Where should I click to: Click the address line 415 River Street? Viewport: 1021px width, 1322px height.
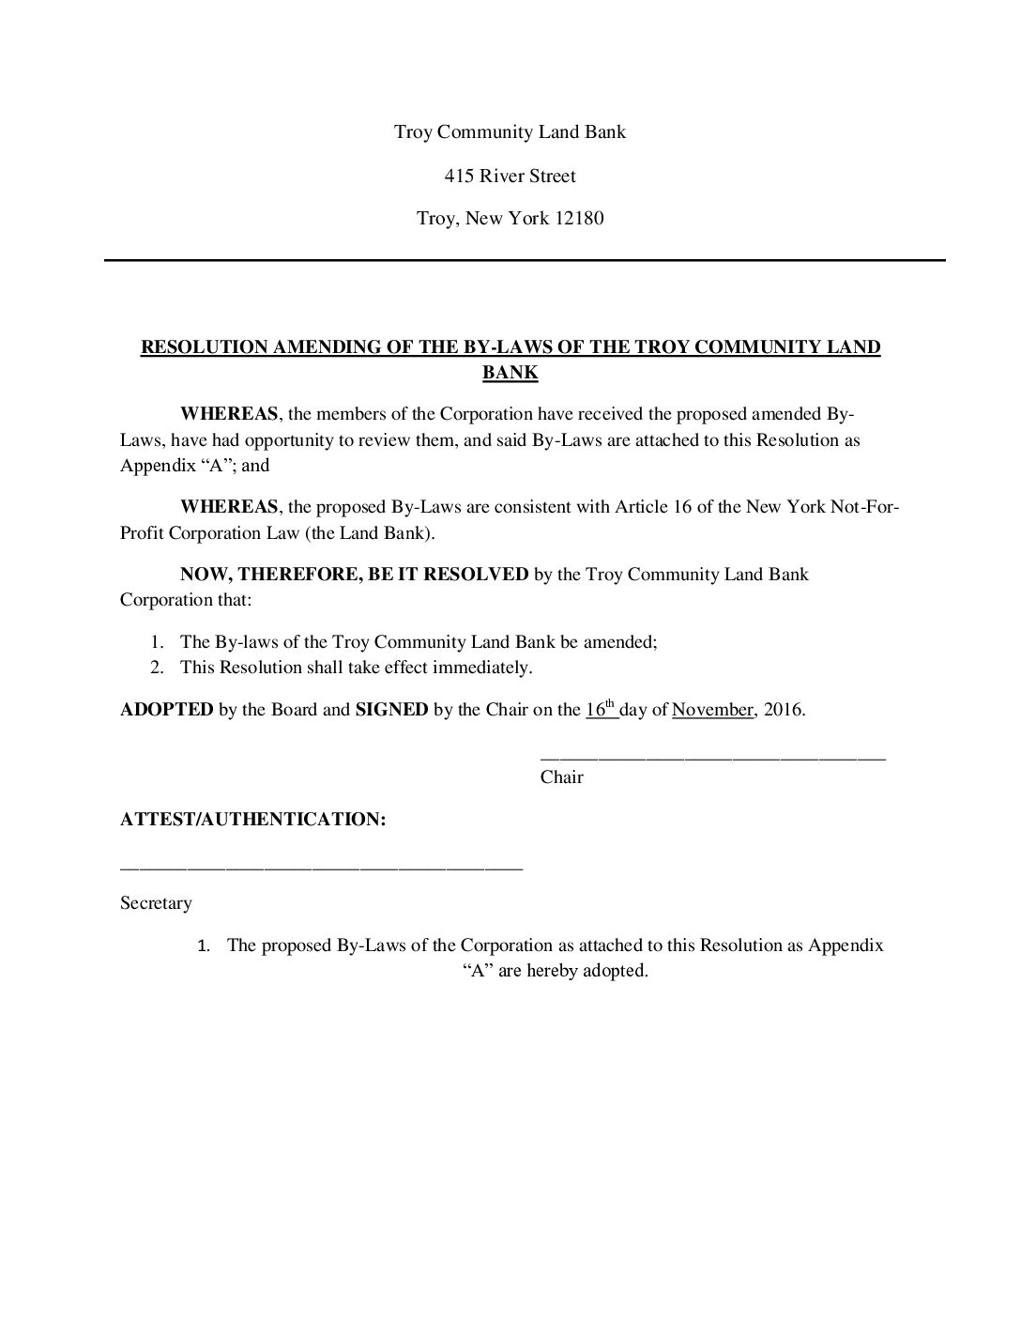pyautogui.click(x=510, y=176)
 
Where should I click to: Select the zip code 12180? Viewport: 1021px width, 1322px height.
pyautogui.click(x=579, y=219)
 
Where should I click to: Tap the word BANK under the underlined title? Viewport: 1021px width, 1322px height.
pyautogui.click(x=510, y=373)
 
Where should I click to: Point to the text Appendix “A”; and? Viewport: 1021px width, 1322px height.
pyautogui.click(x=194, y=465)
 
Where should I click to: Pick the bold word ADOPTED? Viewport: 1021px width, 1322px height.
pyautogui.click(x=167, y=710)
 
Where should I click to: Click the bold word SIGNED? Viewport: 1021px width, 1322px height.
pyautogui.click(x=391, y=710)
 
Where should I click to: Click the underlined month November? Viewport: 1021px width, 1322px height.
pyautogui.click(x=712, y=710)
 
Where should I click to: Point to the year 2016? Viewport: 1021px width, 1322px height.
pyautogui.click(x=784, y=710)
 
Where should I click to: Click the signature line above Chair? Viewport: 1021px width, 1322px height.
pyautogui.click(x=712, y=757)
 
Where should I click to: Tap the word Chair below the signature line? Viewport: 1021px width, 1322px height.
pyautogui.click(x=561, y=777)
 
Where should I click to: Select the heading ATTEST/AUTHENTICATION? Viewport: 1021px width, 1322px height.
pyautogui.click(x=252, y=820)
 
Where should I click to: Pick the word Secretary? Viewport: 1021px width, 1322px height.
pyautogui.click(x=156, y=903)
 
